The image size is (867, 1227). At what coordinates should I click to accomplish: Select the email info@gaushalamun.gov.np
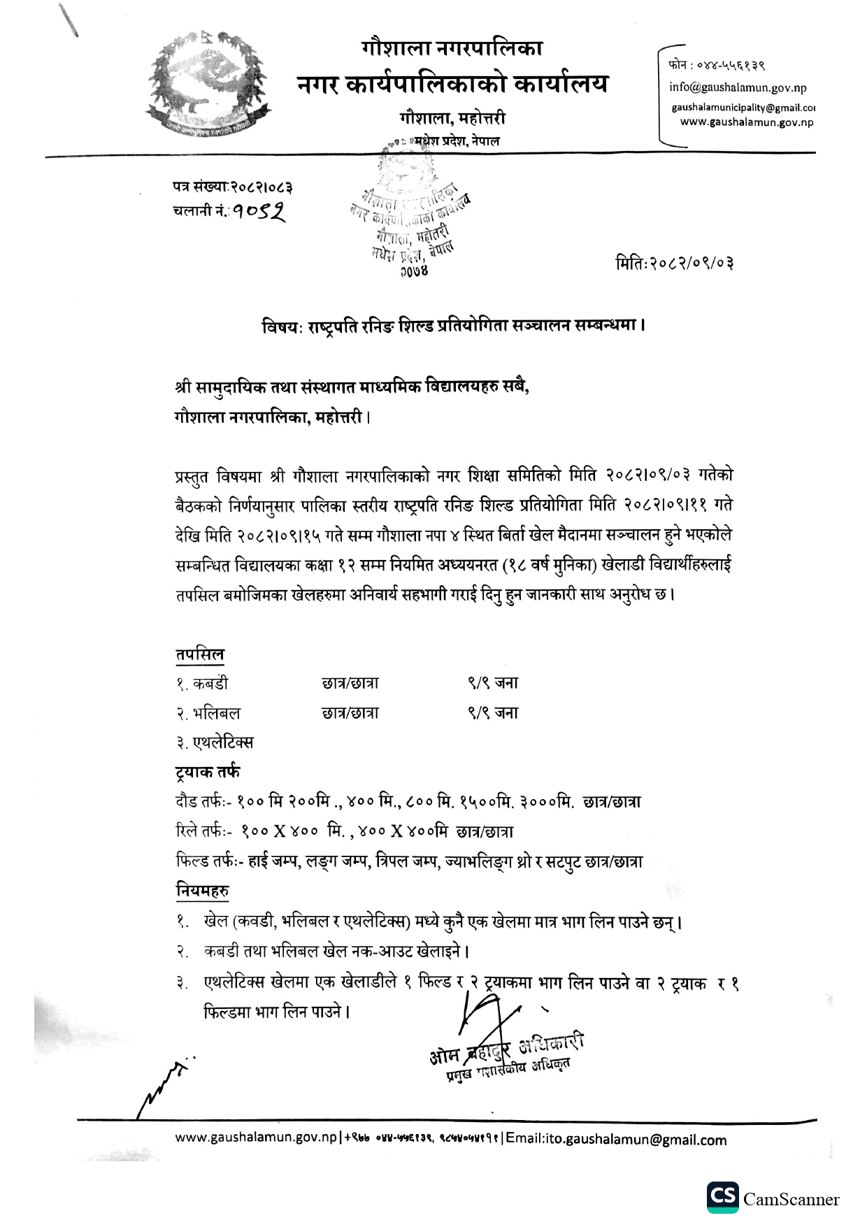point(738,87)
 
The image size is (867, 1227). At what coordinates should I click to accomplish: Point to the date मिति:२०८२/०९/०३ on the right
point(674,264)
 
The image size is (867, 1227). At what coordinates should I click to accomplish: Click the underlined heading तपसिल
point(199,654)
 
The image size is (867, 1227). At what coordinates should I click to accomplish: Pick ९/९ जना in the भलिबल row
point(493,713)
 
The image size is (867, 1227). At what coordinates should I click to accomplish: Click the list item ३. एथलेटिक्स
point(214,742)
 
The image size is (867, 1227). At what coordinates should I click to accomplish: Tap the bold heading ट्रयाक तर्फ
point(207,772)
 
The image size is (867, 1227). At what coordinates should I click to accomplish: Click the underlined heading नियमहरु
point(202,891)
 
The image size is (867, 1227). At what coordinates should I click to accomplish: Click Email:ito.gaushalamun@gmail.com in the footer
point(616,1139)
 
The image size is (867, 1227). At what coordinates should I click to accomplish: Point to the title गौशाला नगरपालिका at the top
point(452,49)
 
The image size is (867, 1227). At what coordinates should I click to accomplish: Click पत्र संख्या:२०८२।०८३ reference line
point(232,187)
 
